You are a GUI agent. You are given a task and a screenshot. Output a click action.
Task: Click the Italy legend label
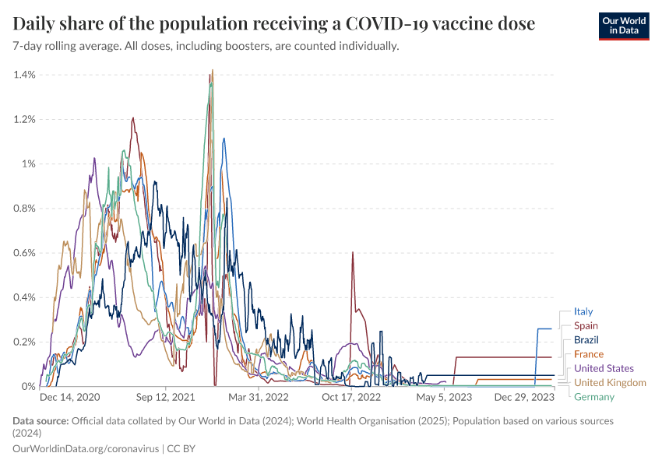click(x=583, y=311)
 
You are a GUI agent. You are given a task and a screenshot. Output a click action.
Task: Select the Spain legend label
click(x=586, y=325)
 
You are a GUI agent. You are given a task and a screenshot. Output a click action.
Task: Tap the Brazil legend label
click(x=586, y=340)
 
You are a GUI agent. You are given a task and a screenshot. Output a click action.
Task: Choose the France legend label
click(x=588, y=354)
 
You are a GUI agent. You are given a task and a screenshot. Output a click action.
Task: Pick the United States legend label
click(x=604, y=368)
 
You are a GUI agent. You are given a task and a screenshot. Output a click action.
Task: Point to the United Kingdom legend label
click(x=610, y=382)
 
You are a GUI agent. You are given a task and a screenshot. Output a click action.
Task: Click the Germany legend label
click(x=594, y=397)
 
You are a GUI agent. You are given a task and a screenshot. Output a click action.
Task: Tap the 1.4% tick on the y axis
click(x=25, y=75)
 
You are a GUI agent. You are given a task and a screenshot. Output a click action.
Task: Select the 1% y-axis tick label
click(x=29, y=164)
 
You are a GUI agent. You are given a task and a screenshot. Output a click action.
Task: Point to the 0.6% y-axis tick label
click(x=25, y=253)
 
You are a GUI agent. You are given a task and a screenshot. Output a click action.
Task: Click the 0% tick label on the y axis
click(x=29, y=387)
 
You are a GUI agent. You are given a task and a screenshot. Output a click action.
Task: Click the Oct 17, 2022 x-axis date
click(x=351, y=397)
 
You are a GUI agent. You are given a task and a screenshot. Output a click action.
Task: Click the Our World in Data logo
click(x=623, y=26)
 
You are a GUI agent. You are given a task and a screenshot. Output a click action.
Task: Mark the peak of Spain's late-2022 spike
click(x=353, y=252)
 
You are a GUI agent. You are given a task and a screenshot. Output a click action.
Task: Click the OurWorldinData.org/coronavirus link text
click(x=86, y=449)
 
